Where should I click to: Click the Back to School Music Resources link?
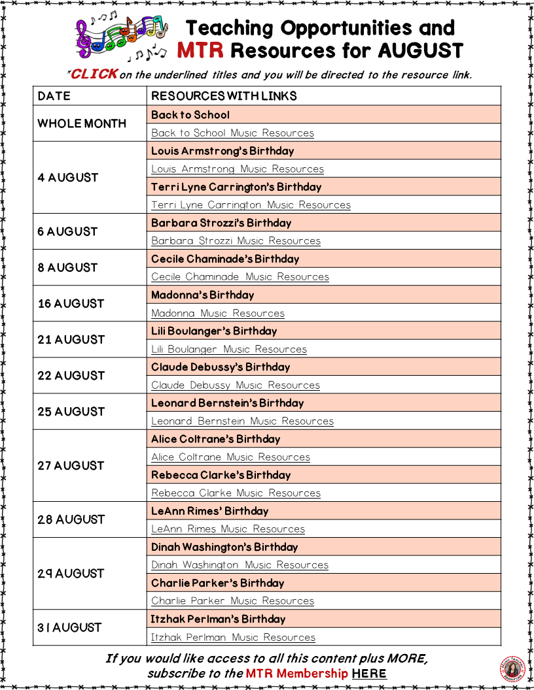[232, 133]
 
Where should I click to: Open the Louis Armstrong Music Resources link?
[238, 169]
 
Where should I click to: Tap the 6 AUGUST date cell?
[67, 231]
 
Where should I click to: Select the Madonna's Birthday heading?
[202, 295]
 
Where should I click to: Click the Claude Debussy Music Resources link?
[236, 385]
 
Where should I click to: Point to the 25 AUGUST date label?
[71, 412]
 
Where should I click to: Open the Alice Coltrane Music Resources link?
[230, 457]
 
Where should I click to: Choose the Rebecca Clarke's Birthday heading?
[221, 475]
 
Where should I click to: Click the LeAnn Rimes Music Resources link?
[228, 529]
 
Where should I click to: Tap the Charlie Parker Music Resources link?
[232, 600]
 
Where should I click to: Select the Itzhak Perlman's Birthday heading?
[218, 619]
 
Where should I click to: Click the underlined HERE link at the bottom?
[369, 674]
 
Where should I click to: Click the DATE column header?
[54, 96]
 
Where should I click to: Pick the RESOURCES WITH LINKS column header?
[224, 96]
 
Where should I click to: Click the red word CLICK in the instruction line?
[94, 74]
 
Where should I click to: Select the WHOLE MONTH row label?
[82, 123]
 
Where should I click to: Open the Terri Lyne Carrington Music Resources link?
[251, 205]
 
